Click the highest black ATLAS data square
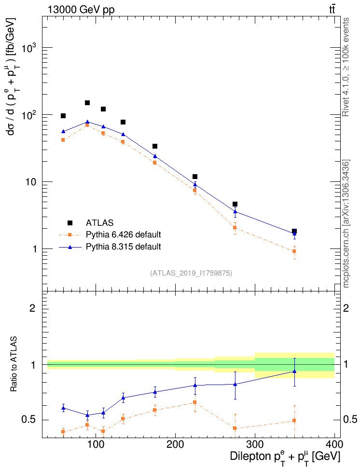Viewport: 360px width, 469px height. [87, 103]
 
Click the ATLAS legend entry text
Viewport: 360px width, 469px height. [99, 223]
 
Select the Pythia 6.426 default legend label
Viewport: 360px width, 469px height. [123, 235]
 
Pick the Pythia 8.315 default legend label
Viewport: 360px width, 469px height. [123, 247]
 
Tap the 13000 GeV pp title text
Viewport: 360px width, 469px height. [81, 9]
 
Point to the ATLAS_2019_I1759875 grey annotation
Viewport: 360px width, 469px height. [191, 273]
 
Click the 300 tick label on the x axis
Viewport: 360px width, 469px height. [255, 444]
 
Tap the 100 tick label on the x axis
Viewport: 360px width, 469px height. [96, 444]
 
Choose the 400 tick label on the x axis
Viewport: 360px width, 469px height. [334, 444]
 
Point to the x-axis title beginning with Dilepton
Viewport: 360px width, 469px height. [285, 456]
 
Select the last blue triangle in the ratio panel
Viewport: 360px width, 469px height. [294, 371]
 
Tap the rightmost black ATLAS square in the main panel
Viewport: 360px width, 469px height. [294, 232]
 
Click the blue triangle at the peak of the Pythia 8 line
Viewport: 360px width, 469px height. [87, 122]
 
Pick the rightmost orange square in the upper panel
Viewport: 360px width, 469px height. [294, 251]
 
